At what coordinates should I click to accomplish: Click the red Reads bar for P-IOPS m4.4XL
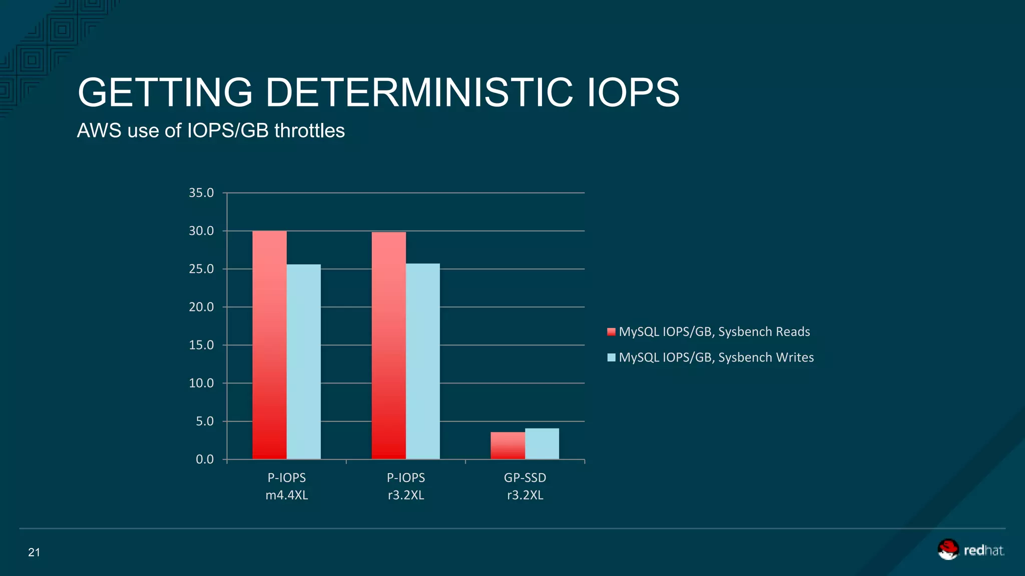[269, 345]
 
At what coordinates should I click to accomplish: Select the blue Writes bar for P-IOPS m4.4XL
[303, 361]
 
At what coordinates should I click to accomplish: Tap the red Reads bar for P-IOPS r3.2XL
[388, 345]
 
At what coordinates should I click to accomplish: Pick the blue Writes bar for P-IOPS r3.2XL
[422, 361]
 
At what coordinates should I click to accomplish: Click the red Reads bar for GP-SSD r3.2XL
[507, 445]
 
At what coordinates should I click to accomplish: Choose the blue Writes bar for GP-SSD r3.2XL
[542, 443]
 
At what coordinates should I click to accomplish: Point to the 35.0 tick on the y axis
[201, 193]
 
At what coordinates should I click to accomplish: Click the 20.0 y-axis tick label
[201, 307]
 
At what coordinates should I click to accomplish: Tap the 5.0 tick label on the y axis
[204, 421]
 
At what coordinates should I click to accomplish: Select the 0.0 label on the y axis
[204, 459]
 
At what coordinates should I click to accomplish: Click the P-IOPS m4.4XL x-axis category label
[286, 486]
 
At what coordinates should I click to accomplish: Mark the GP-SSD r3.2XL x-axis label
[525, 486]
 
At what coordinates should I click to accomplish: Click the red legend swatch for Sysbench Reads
[611, 332]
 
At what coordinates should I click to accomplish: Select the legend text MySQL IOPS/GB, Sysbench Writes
[716, 357]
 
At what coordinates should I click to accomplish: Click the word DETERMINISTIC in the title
[419, 92]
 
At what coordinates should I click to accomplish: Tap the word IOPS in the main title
[633, 92]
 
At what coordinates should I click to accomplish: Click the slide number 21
[34, 552]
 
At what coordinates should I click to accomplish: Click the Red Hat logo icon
[947, 549]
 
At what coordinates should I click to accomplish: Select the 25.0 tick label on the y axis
[201, 269]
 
